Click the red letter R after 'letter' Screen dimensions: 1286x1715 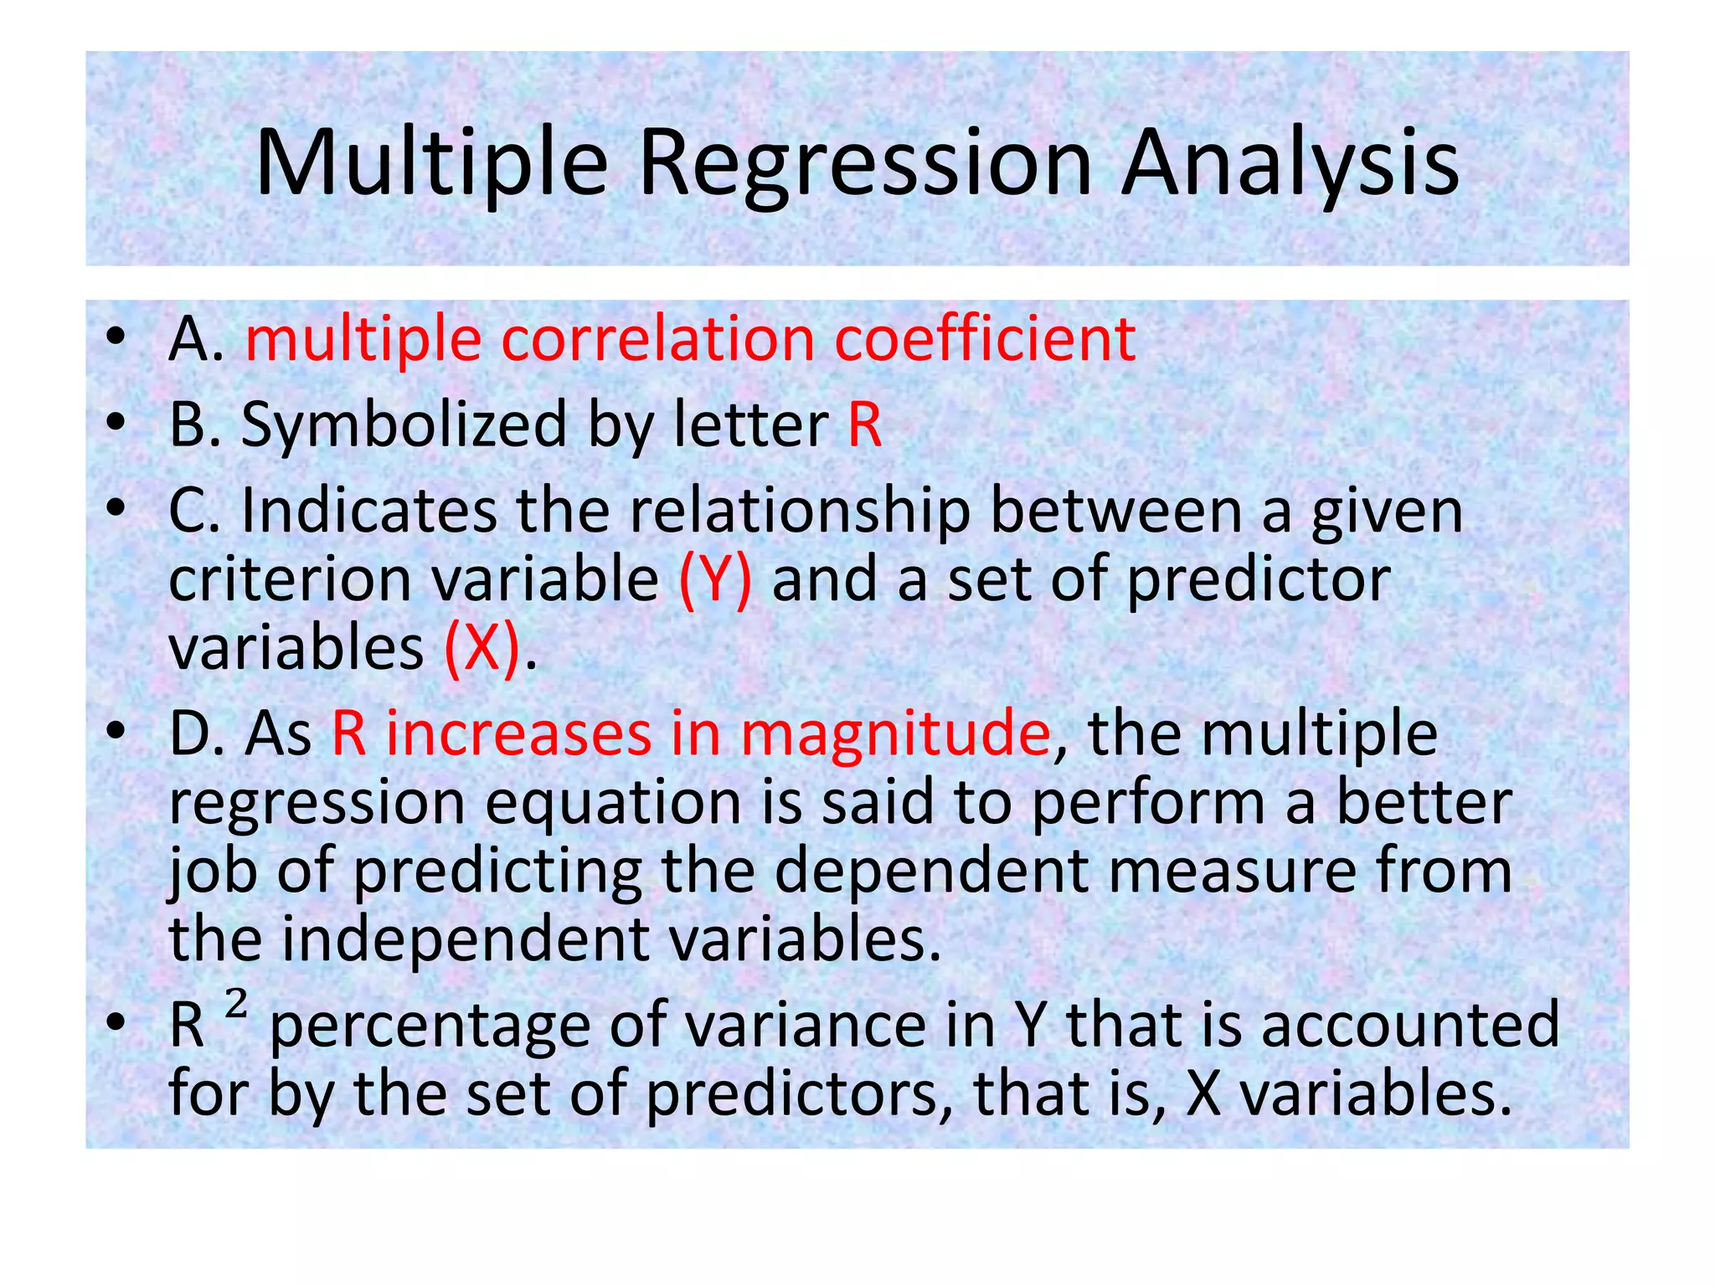(x=865, y=425)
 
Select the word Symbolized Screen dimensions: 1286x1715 (x=404, y=425)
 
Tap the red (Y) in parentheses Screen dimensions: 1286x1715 (x=714, y=580)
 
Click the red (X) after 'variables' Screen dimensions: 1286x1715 (x=481, y=649)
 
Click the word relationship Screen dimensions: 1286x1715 (x=799, y=512)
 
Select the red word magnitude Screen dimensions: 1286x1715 (x=895, y=734)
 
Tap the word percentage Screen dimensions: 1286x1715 (x=430, y=1026)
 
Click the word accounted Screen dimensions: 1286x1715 (x=1411, y=1026)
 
